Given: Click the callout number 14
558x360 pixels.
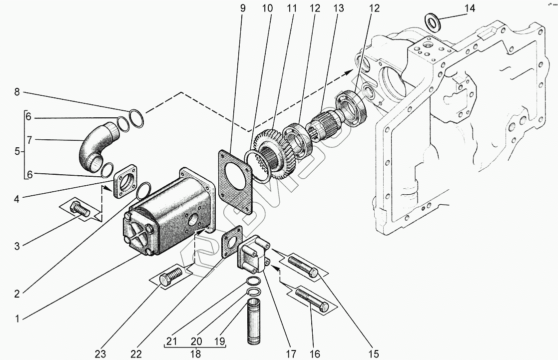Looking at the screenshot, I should click(x=470, y=8).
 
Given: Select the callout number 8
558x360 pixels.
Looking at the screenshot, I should click(x=17, y=92).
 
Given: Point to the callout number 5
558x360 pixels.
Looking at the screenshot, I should click(x=17, y=151).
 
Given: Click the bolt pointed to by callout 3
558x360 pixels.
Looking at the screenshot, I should click(x=81, y=210).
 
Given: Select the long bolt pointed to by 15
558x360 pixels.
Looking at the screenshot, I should click(x=303, y=265).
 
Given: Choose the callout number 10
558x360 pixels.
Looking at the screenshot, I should click(x=268, y=8).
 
